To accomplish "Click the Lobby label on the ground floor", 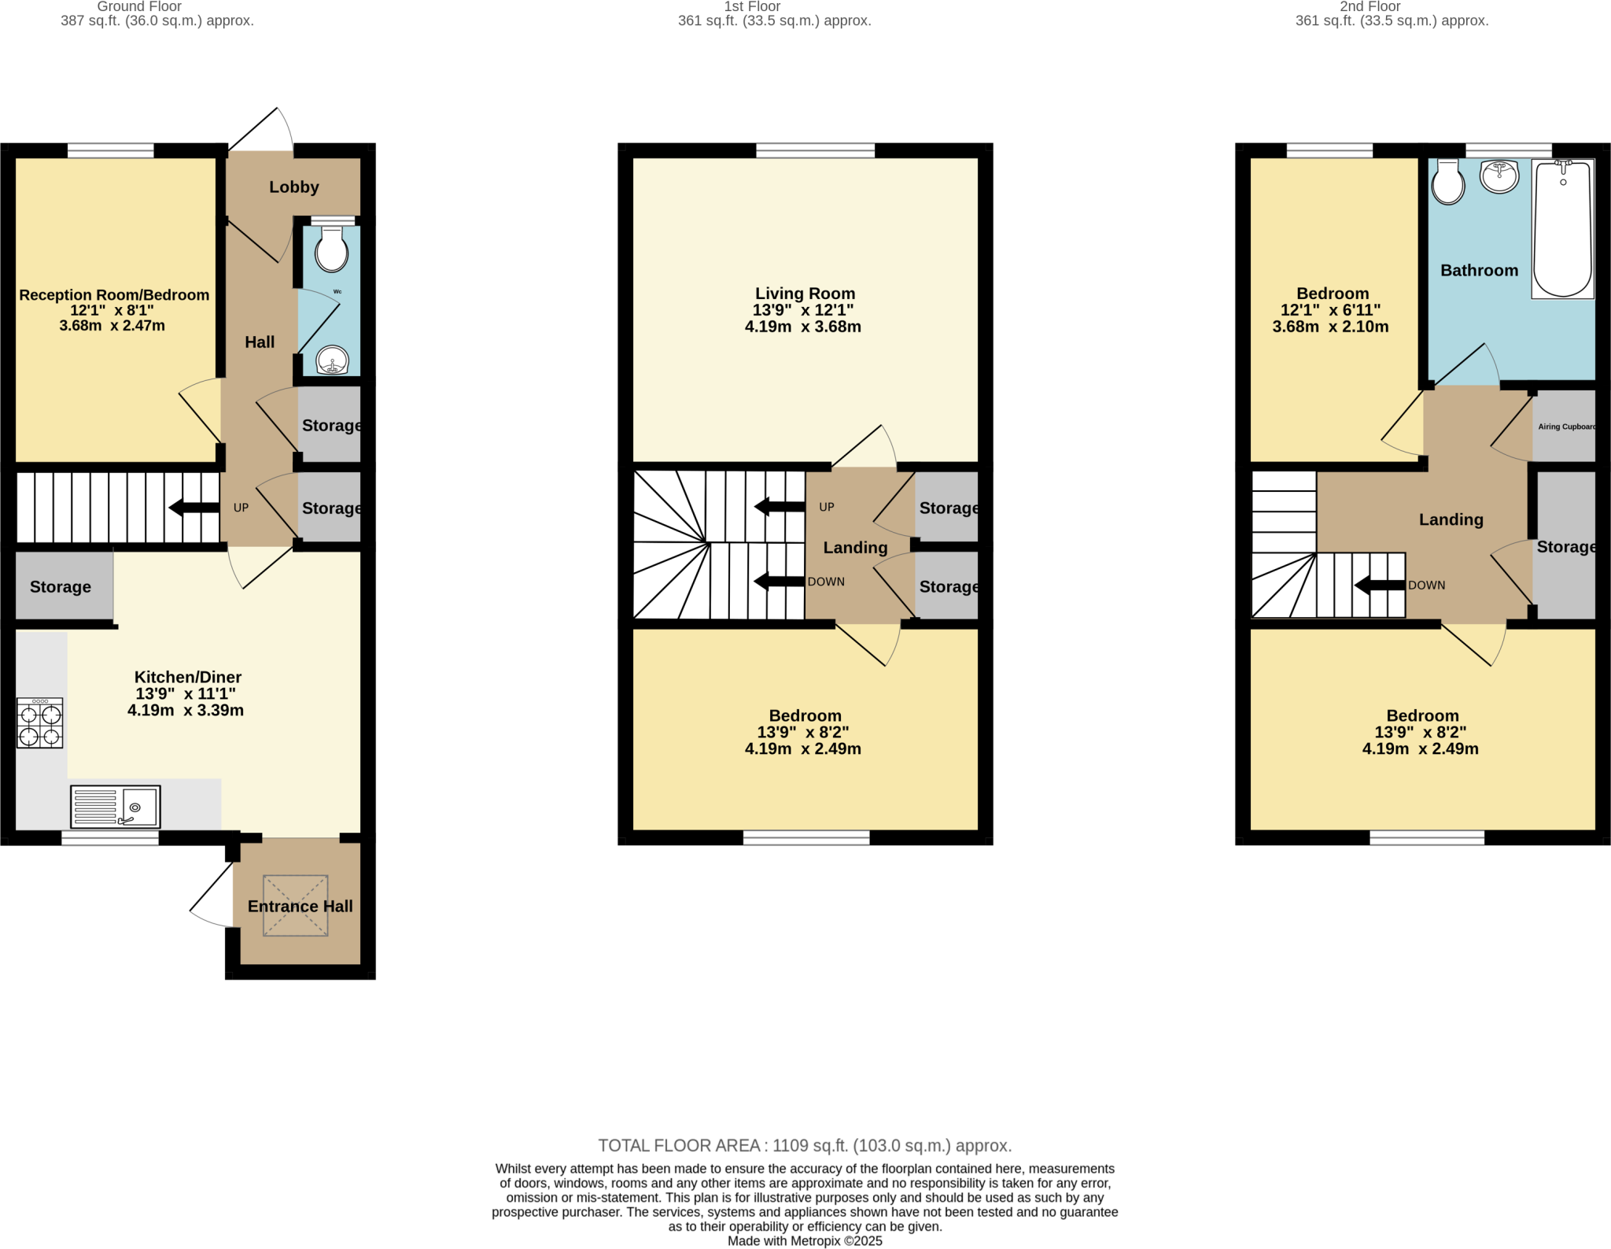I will tap(293, 187).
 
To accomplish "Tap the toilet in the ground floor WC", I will tap(331, 250).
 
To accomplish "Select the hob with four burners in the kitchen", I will tap(40, 724).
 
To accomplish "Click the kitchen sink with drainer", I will tap(116, 806).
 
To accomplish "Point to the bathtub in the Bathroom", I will tap(1562, 229).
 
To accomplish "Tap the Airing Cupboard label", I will tap(1566, 427).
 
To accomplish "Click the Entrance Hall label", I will tap(300, 906).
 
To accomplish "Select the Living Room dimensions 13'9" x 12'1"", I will tap(803, 310).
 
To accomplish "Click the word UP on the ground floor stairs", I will tap(241, 508).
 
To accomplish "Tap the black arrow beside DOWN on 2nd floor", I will tap(1380, 585).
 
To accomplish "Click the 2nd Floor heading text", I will tap(1370, 6).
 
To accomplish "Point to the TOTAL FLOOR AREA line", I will tap(804, 1145).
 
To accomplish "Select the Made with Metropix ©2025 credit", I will tap(804, 1241).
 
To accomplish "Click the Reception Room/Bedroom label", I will tap(114, 295).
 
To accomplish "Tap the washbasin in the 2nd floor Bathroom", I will tap(1499, 176).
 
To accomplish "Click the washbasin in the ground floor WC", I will tap(333, 361).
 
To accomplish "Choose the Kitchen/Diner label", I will tap(187, 677).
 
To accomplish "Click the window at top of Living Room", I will tap(815, 150).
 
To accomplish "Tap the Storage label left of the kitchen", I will tap(61, 587).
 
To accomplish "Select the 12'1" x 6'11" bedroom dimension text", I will tap(1330, 310).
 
